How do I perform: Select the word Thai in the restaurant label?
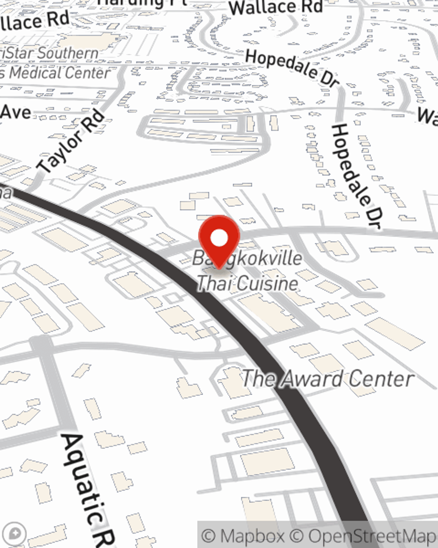212,283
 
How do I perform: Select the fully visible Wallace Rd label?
276,7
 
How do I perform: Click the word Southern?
68,53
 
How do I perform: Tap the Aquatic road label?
85,487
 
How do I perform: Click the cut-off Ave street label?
15,113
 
